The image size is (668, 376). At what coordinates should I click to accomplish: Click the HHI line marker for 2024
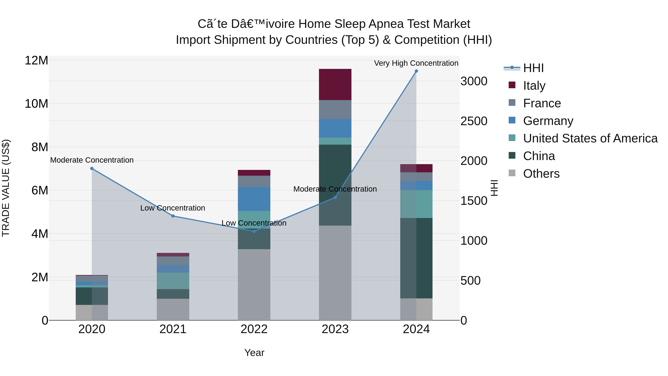coord(416,71)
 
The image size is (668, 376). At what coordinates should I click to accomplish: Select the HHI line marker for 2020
coord(92,168)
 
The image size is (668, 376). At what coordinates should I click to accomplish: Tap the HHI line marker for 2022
coord(254,231)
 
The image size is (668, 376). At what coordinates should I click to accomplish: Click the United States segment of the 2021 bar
coord(173,281)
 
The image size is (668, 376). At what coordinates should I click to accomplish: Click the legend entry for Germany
coord(548,121)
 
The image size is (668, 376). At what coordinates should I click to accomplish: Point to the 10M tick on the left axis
coord(36,104)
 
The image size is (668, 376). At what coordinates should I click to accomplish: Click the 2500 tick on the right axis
coord(474,121)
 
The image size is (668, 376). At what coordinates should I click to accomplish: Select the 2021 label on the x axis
coord(173,329)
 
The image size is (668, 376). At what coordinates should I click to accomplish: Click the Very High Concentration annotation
coord(416,63)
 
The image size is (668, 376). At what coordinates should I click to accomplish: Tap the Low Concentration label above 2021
coord(173,208)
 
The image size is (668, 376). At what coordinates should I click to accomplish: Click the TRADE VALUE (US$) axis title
coord(6,188)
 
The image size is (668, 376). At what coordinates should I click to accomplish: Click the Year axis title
coord(254,353)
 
